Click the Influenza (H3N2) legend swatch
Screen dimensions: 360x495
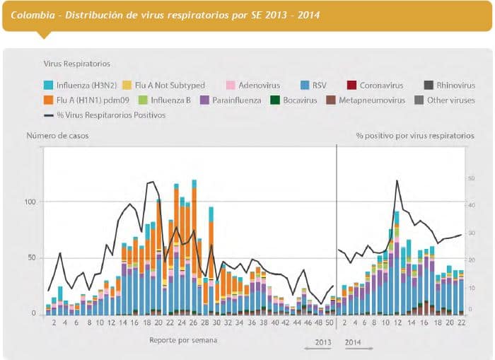coord(49,86)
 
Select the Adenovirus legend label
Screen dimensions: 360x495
coord(259,86)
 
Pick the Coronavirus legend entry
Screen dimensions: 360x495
coord(381,86)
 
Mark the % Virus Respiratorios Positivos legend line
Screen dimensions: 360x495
coord(49,115)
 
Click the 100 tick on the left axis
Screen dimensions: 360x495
coord(29,202)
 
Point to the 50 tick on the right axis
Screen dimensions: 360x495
coord(470,178)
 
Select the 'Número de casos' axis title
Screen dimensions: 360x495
coord(58,135)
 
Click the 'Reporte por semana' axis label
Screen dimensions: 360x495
coord(183,340)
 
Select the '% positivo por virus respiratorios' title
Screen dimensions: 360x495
coord(415,135)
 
